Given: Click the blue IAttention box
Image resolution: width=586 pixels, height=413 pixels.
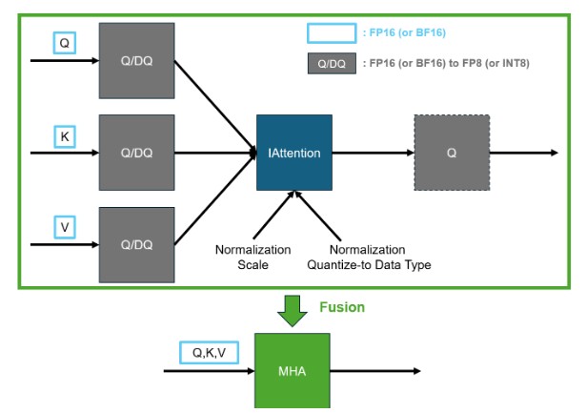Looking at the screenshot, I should (293, 152).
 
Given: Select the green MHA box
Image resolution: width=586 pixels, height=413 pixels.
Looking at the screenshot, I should (292, 370).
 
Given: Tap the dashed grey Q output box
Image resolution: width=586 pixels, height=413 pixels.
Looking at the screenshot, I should (452, 152).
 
